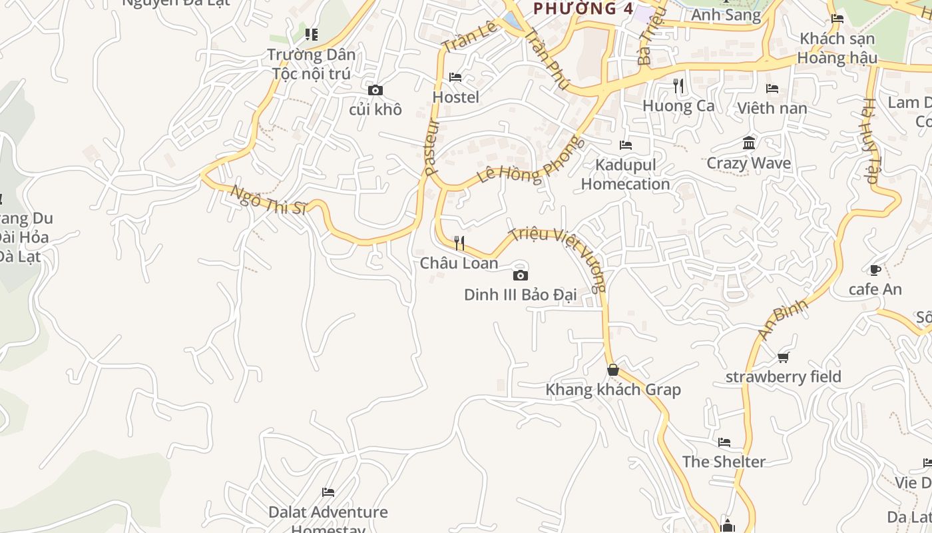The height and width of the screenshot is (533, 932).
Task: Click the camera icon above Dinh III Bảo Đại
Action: click(521, 275)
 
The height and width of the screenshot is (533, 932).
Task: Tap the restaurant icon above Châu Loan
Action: click(459, 243)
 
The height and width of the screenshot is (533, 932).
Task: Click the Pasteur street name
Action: click(431, 147)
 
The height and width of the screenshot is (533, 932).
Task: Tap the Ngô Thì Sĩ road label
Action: click(268, 200)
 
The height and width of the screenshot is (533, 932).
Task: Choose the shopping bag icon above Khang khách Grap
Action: click(613, 370)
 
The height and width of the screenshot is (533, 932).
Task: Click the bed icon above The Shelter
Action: click(724, 442)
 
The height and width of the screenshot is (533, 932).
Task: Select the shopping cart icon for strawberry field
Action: click(784, 358)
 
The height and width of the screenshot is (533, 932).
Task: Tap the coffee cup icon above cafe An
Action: click(875, 270)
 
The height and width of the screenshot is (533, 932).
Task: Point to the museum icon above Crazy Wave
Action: click(749, 143)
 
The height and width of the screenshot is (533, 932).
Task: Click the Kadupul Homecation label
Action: click(625, 175)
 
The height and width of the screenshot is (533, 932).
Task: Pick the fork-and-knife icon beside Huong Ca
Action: click(678, 86)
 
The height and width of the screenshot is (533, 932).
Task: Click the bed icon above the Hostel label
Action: click(455, 77)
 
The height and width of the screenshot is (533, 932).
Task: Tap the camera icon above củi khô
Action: click(375, 90)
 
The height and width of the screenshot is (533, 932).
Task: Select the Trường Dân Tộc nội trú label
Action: click(312, 64)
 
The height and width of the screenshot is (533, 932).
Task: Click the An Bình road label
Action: click(784, 319)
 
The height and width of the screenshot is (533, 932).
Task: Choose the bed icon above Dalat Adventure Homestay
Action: click(328, 492)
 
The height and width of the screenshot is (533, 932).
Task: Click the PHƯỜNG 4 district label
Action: click(584, 9)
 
